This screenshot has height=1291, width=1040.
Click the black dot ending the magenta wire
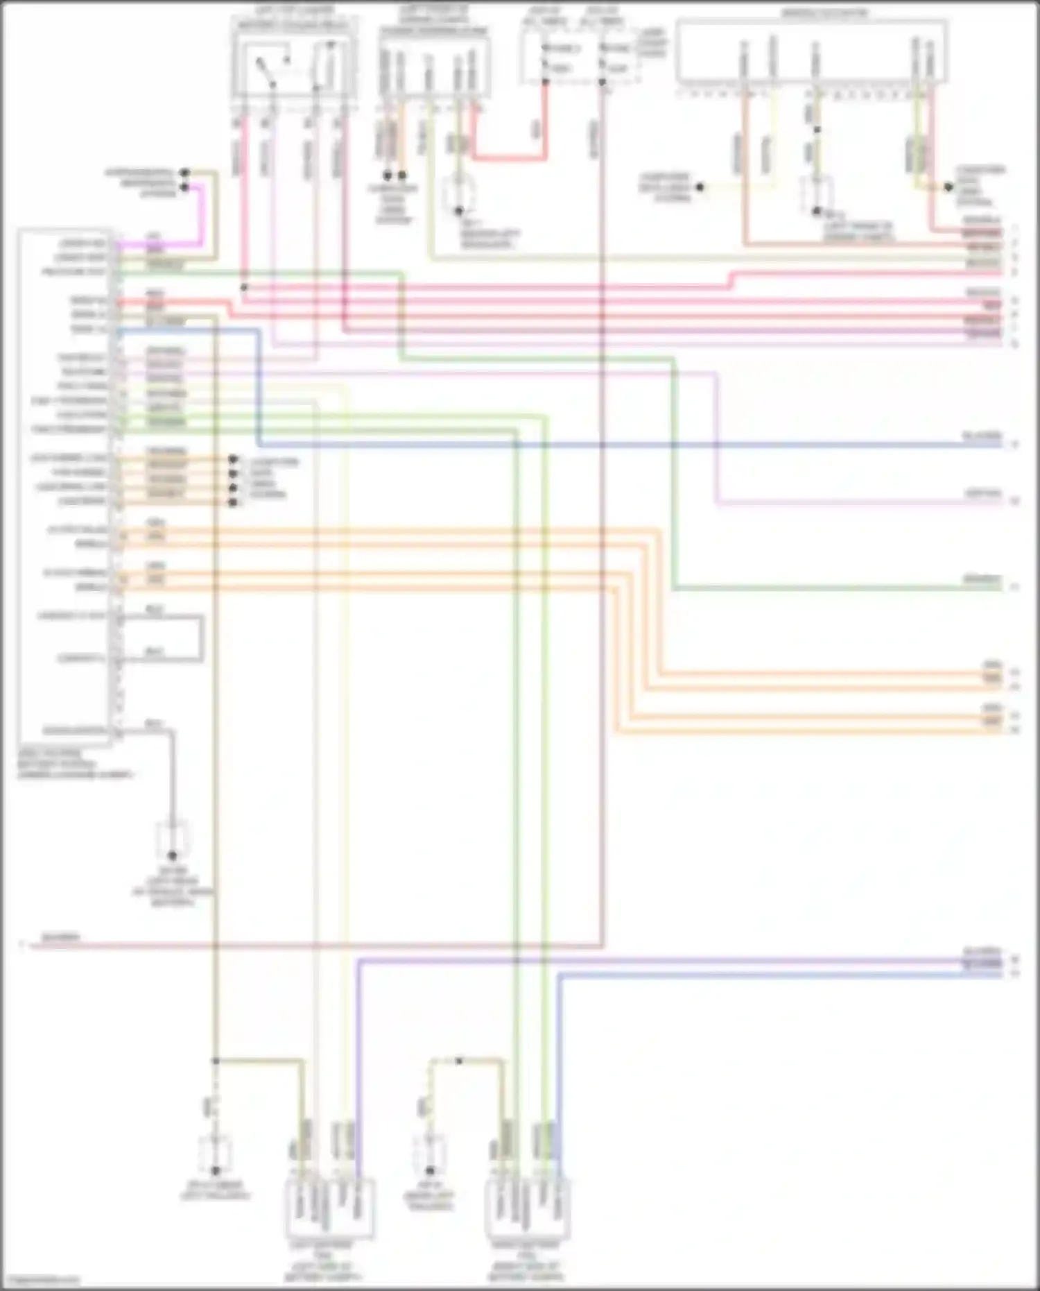(x=184, y=187)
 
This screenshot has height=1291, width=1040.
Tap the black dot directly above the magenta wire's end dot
(x=184, y=172)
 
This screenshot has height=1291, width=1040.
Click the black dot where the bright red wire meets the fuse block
(x=545, y=83)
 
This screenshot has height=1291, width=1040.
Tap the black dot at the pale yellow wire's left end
(x=700, y=187)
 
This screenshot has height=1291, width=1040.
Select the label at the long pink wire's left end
(x=61, y=938)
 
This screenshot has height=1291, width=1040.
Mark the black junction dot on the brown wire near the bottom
(x=216, y=1061)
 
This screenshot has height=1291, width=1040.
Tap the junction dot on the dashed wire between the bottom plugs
(x=459, y=1061)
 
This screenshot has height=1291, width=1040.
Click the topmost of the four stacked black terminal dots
(x=233, y=459)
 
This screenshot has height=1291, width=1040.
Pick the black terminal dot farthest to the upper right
(x=949, y=187)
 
